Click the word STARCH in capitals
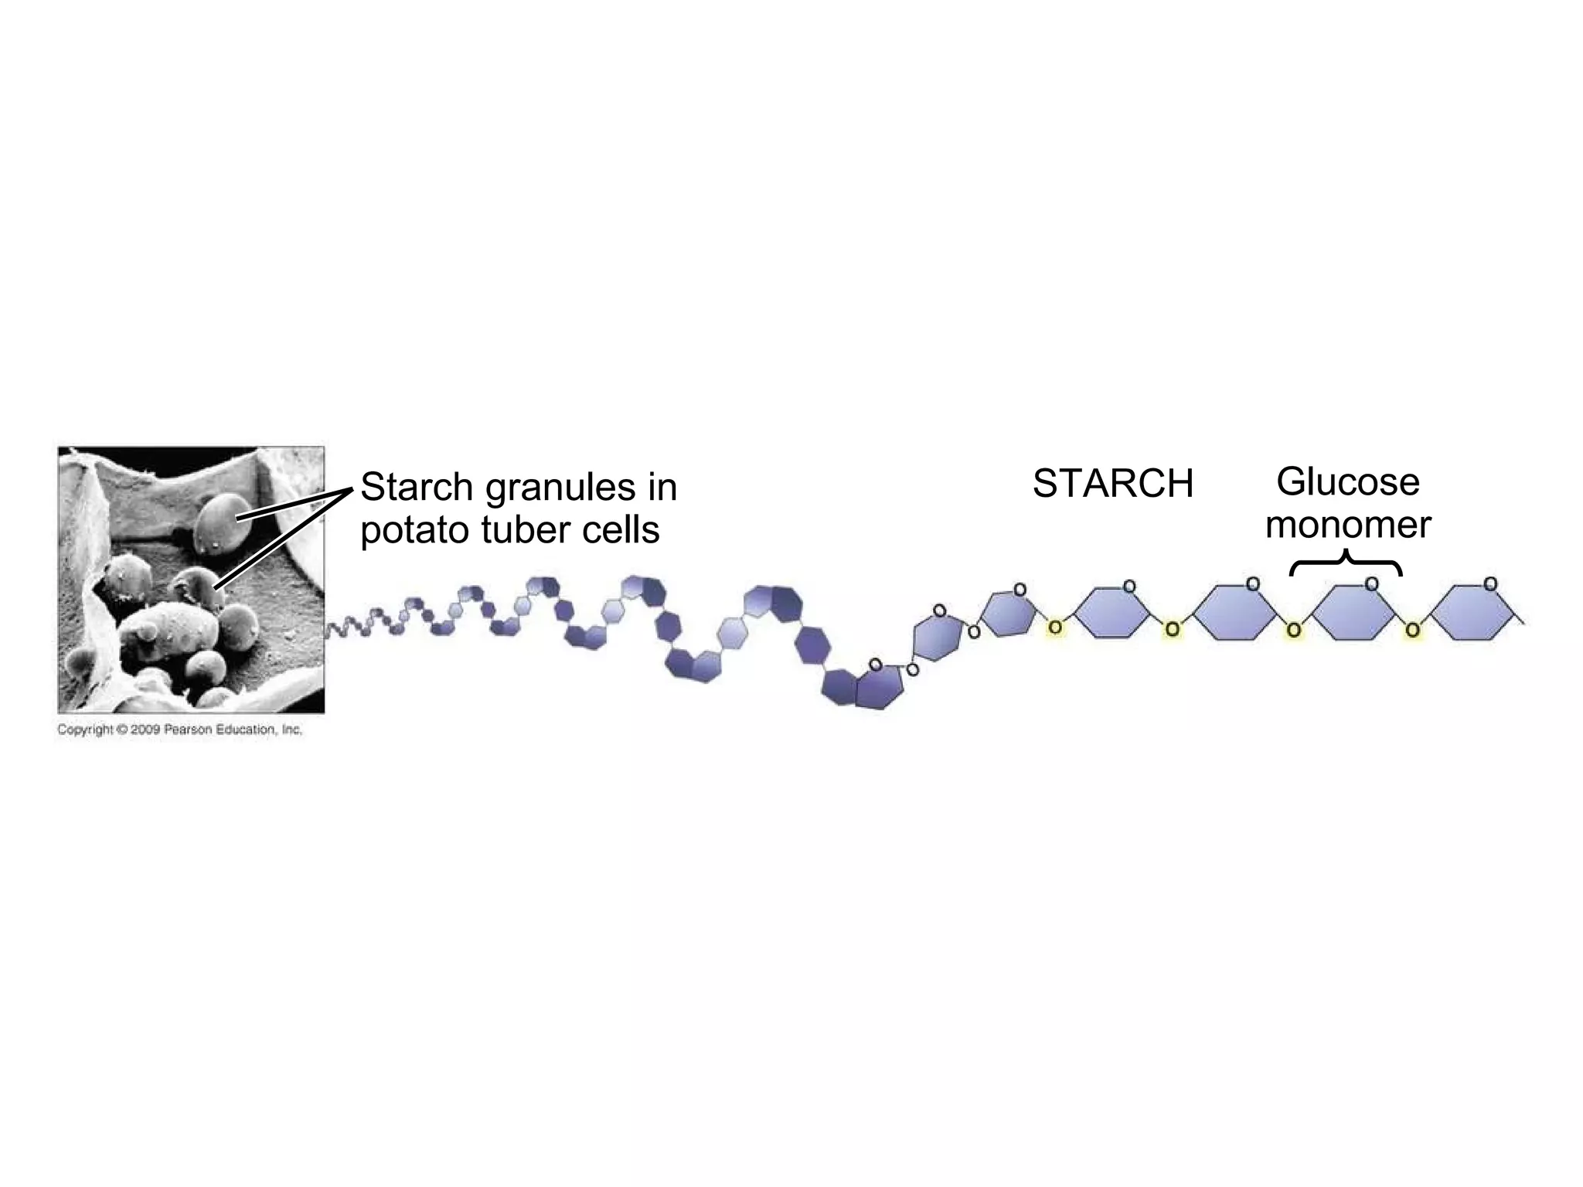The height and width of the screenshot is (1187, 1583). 1113,485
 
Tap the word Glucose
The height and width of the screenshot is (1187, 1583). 1347,483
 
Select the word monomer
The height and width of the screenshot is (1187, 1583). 1348,525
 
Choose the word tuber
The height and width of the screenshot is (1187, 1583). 526,531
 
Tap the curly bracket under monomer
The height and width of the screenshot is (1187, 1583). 1346,563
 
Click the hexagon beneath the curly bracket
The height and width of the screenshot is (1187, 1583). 1353,613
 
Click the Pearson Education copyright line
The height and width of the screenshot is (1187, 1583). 179,730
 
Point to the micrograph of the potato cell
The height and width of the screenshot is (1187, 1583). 191,580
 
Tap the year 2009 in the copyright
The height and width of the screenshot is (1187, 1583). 145,730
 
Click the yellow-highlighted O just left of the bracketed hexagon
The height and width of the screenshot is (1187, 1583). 1293,631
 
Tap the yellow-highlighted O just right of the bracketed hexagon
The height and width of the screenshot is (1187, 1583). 1412,631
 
